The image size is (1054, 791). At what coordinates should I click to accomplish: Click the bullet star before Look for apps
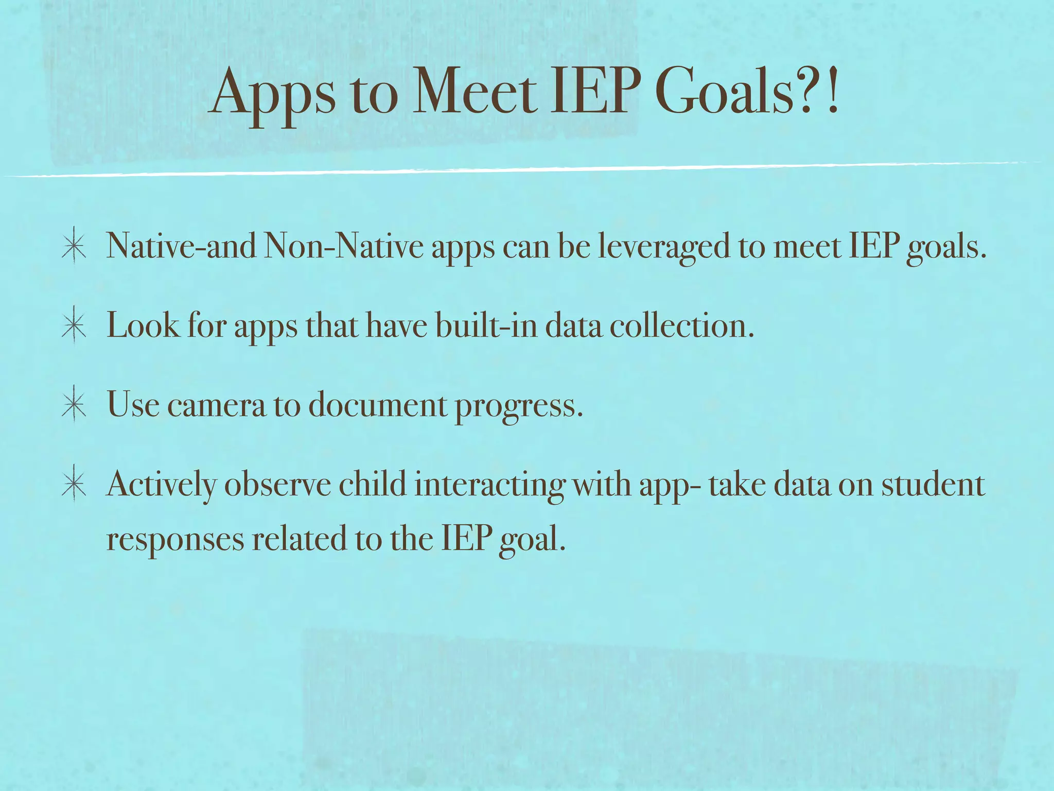(x=75, y=325)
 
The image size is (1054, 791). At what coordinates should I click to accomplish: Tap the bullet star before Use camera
(x=75, y=405)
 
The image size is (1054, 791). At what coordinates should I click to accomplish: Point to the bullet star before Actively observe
(x=75, y=485)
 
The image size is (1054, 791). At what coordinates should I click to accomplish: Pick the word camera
(x=216, y=405)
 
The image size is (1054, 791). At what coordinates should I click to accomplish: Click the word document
(x=378, y=405)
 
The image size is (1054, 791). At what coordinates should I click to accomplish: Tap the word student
(x=933, y=485)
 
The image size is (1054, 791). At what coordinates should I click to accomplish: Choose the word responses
(x=175, y=540)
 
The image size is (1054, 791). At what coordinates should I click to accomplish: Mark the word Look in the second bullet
(x=143, y=325)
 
